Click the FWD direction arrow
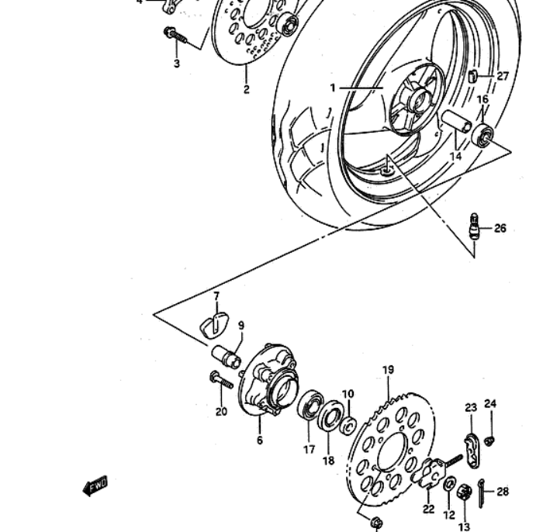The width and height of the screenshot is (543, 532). (x=95, y=485)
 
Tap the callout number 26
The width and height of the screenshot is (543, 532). (x=500, y=229)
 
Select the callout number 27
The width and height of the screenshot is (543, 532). (x=503, y=76)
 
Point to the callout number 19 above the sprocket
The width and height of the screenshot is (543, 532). (x=388, y=370)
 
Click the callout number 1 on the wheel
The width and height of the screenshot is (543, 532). (x=333, y=88)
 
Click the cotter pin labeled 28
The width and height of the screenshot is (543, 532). (x=482, y=493)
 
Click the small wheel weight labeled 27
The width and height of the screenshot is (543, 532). (x=472, y=76)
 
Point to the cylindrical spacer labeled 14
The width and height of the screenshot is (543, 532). (x=456, y=121)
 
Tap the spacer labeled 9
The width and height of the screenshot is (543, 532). (x=227, y=356)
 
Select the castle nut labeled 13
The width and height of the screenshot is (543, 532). (x=464, y=492)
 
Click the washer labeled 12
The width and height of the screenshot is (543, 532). (x=450, y=484)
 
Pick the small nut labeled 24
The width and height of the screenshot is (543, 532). (x=489, y=440)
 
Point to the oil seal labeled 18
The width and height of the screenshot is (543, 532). (x=330, y=416)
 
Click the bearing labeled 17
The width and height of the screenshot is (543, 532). (x=310, y=404)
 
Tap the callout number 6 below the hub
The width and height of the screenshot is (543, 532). (x=260, y=440)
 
